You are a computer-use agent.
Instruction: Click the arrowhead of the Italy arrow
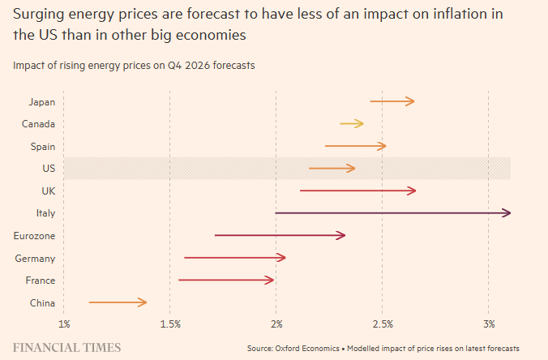coord(507,213)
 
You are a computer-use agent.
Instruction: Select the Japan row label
coord(41,101)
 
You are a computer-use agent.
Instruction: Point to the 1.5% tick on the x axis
coord(169,325)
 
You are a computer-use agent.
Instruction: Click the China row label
coord(42,302)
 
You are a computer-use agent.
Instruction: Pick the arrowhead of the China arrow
coord(143,302)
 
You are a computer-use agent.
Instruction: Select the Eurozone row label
coord(35,236)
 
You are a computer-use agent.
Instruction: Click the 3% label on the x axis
coord(488,325)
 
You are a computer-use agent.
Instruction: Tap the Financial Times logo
coord(66,347)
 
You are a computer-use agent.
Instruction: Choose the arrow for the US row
coord(332,168)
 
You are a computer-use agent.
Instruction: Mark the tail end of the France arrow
coord(179,280)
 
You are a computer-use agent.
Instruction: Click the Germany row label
coord(35,258)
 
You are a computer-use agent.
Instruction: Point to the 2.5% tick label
coord(383,325)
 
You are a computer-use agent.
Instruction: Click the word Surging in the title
coord(38,14)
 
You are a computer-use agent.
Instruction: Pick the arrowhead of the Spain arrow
coord(383,146)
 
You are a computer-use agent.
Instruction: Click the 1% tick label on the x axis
coord(64,325)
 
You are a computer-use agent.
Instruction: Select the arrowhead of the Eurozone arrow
coord(342,235)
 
